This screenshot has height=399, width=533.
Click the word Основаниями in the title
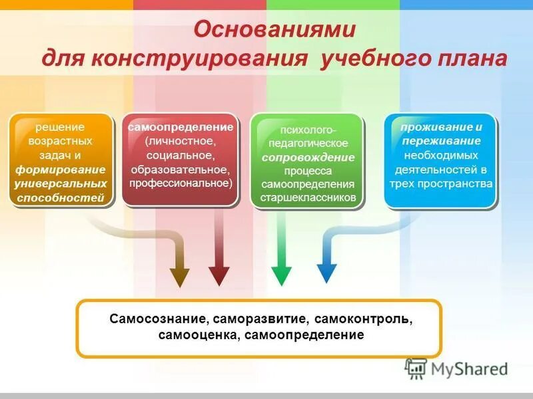point(274,30)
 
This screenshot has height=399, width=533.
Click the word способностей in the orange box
point(59,197)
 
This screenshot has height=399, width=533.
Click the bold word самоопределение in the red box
point(181,126)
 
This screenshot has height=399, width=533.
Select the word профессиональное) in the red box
point(181,182)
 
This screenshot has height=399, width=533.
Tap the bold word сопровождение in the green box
point(307,158)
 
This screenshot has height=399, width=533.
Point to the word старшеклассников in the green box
point(307,198)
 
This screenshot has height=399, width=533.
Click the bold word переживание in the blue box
point(441,141)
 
